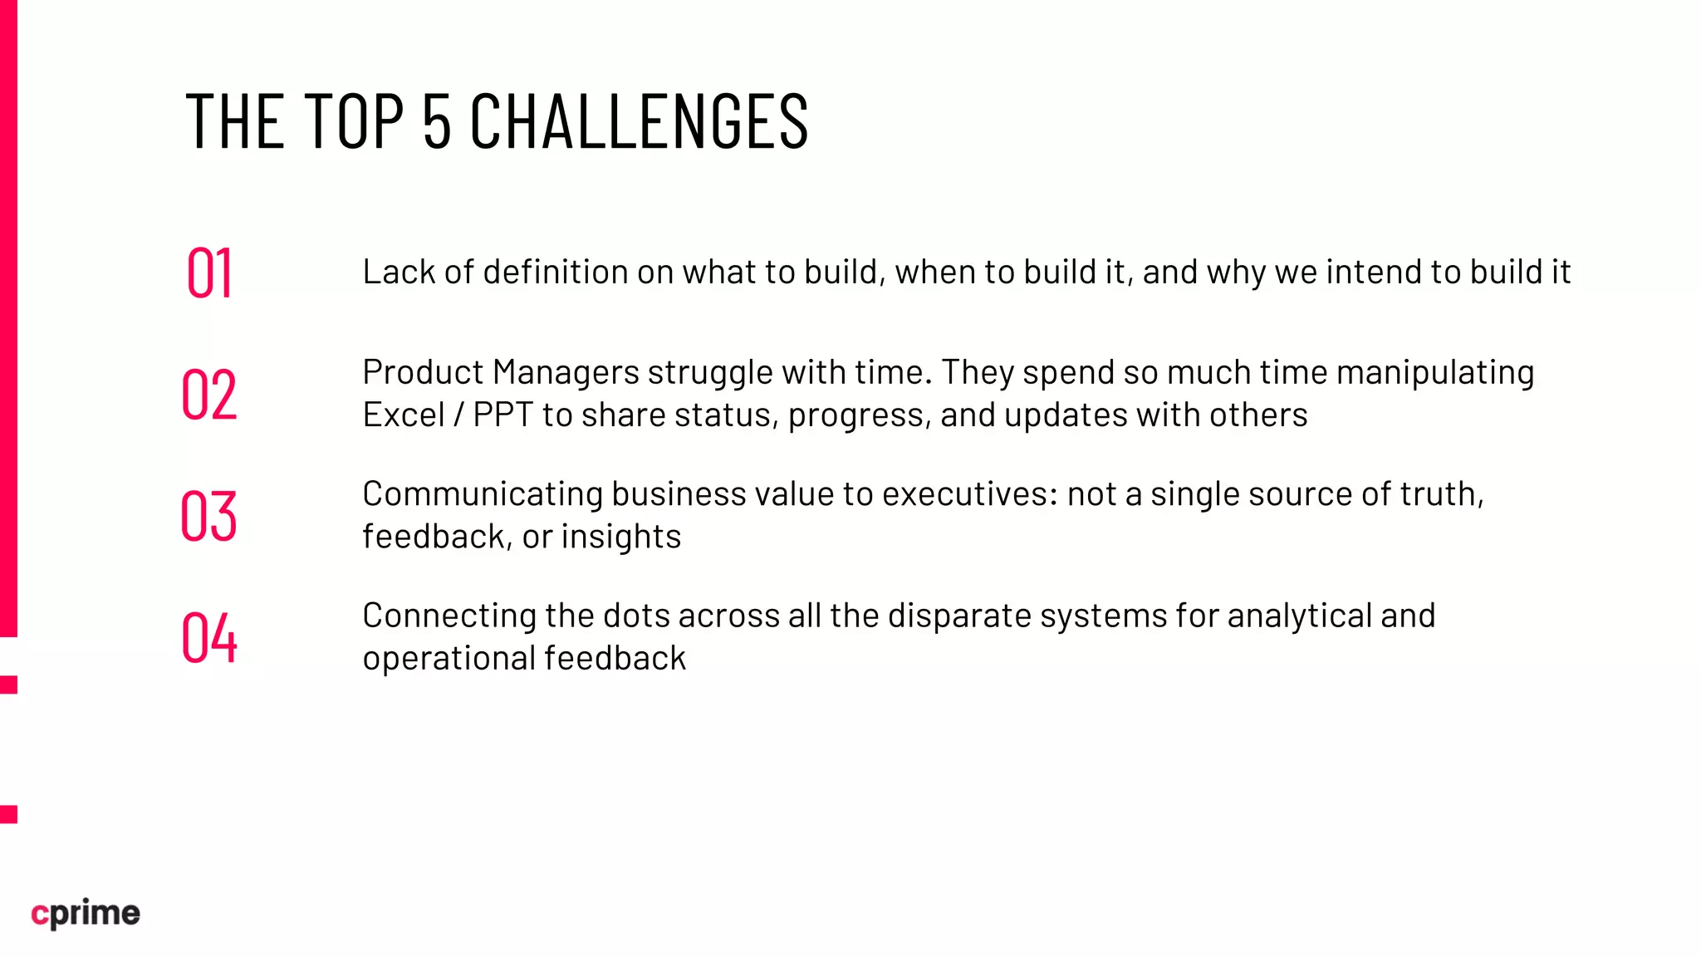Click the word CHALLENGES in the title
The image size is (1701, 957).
[x=639, y=121]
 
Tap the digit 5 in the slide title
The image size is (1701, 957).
[x=437, y=121]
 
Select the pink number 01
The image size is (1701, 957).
[x=209, y=272]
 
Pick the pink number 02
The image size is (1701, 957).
[x=209, y=394]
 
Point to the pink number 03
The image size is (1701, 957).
[x=209, y=516]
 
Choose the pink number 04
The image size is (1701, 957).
[x=209, y=637]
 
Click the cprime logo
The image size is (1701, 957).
[x=86, y=913]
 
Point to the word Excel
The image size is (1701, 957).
[x=404, y=415]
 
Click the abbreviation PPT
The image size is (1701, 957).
[x=502, y=415]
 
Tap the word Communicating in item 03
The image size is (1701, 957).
[x=483, y=494]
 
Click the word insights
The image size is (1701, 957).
[x=621, y=537]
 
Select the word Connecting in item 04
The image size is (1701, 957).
[x=449, y=616]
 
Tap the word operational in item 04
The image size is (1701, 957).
[x=449, y=659]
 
